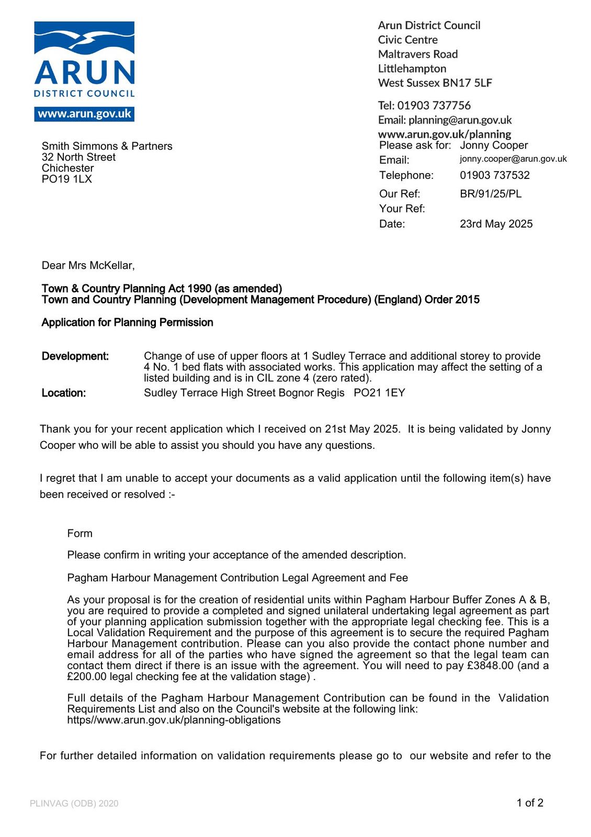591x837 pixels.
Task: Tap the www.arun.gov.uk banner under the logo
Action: pos(84,114)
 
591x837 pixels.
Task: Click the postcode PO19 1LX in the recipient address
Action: pos(67,179)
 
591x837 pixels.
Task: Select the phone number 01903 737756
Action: pos(434,106)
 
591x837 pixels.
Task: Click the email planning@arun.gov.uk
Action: pos(460,120)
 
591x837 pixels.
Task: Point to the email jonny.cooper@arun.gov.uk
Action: pos(513,159)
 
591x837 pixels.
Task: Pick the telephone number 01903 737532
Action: pos(495,175)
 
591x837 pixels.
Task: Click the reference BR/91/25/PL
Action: pos(491,194)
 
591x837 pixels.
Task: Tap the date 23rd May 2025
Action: pos(496,224)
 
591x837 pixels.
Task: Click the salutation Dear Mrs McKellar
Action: pos(88,266)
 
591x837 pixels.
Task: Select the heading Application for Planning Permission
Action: pos(127,322)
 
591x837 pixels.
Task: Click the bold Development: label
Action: pos(75,356)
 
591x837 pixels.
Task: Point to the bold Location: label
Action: pos(64,393)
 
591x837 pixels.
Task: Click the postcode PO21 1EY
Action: pos(379,393)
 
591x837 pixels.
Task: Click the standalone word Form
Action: pos(79,534)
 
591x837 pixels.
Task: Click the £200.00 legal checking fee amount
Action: pos(87,677)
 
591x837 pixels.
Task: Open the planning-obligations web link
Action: pos(174,720)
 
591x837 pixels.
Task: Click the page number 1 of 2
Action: pos(530,803)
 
